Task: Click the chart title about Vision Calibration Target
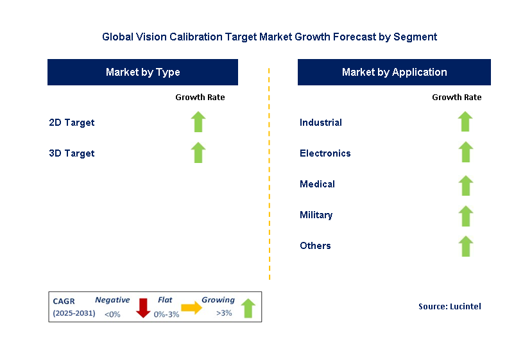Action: [x=270, y=37]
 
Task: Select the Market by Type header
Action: [x=142, y=72]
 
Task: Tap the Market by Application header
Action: [x=394, y=72]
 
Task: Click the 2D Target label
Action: [x=71, y=123]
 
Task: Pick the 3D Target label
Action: [x=71, y=153]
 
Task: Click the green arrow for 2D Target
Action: [x=198, y=122]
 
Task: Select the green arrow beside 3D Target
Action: [x=198, y=153]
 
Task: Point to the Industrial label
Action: [x=320, y=123]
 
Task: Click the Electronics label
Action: [x=325, y=153]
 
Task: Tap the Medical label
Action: [x=317, y=184]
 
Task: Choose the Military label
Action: [x=316, y=215]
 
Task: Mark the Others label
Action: [x=315, y=246]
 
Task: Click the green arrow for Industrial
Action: [x=465, y=122]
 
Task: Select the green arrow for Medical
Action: [x=465, y=184]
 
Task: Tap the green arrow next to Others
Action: [x=465, y=245]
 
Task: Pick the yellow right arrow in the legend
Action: [x=191, y=308]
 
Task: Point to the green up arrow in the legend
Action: [x=248, y=308]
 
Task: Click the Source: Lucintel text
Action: [x=449, y=307]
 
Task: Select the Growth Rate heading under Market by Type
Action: [x=200, y=98]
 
